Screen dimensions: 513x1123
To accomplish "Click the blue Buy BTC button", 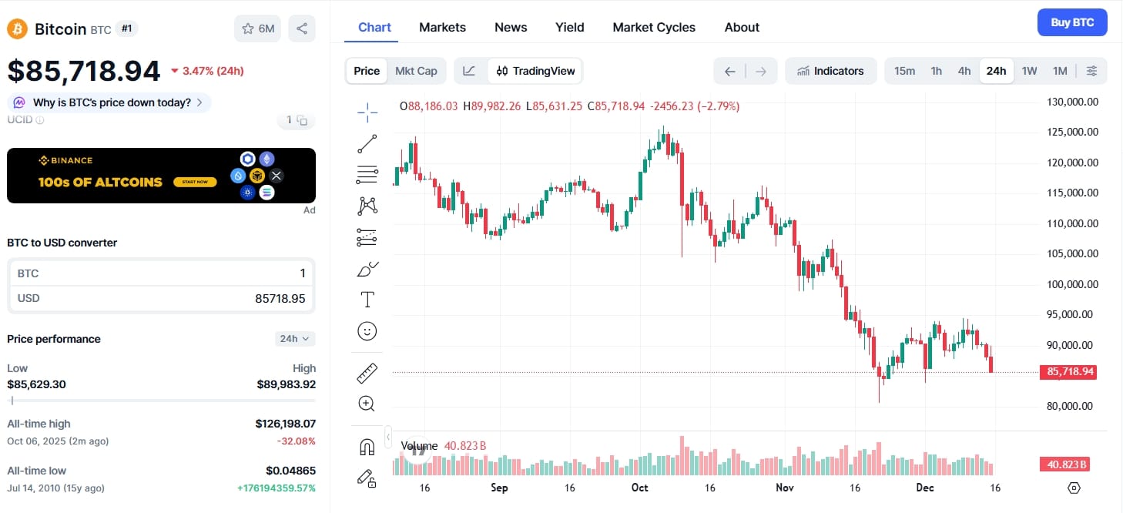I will pos(1071,22).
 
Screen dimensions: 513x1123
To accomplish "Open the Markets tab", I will pos(442,27).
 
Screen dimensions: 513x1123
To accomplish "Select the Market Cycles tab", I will pos(653,27).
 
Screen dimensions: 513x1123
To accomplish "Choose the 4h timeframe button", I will pos(964,71).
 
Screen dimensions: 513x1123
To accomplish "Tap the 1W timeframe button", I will pos(1029,71).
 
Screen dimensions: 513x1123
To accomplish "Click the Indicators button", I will pos(830,71).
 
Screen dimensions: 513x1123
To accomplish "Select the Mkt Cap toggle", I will pos(416,71).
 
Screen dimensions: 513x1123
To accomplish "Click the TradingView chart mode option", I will pos(536,71).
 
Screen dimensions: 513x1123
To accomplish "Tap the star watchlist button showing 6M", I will pos(257,28).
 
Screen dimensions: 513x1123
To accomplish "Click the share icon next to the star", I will pos(302,28).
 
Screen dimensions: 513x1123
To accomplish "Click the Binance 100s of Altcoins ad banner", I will pos(161,176).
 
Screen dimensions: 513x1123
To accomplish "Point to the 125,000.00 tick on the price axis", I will pos(1071,132).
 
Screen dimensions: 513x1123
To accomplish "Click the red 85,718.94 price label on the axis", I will pos(1070,372).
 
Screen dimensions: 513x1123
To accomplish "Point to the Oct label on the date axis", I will pos(639,488).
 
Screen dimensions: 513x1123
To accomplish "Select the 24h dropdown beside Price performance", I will pos(294,339).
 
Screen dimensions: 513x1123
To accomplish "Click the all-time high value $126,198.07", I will pos(285,424).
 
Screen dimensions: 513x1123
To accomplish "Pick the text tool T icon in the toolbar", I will pos(367,300).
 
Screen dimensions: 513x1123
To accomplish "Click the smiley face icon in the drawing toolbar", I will pos(367,331).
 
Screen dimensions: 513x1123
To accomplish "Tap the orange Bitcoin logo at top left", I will pos(17,29).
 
